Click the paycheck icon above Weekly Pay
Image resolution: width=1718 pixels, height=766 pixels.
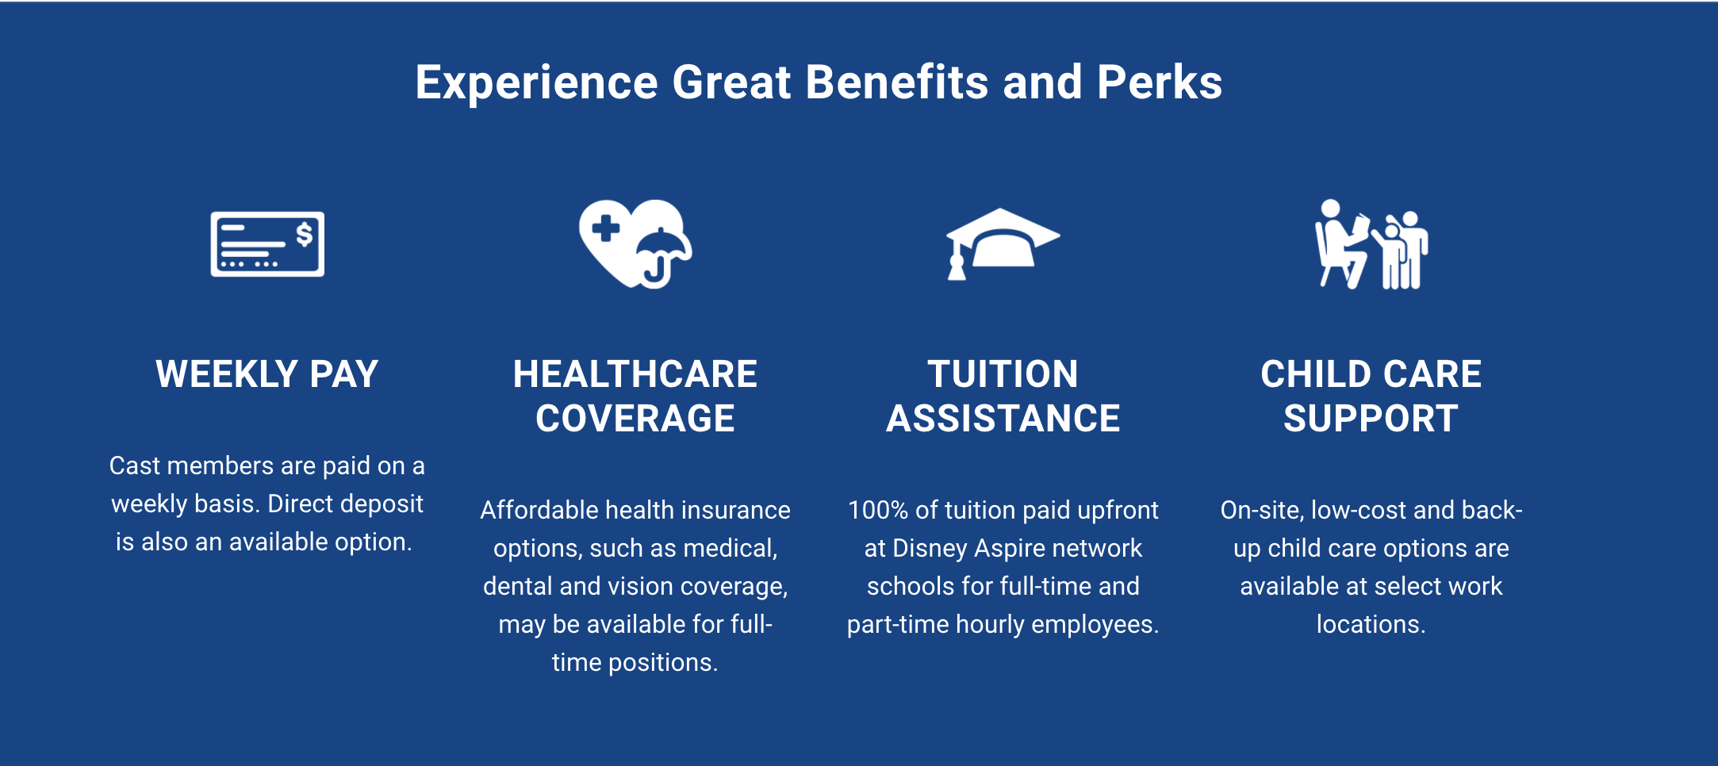tap(267, 244)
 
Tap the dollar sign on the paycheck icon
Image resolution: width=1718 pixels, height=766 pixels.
tap(304, 235)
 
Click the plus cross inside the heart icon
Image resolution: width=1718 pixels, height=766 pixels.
tap(606, 228)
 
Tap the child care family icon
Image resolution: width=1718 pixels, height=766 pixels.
tap(1371, 244)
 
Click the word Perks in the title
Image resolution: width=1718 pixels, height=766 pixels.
tap(1160, 82)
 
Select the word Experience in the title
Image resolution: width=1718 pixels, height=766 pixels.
tap(537, 82)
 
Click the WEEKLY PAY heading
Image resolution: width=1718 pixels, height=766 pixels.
tap(267, 374)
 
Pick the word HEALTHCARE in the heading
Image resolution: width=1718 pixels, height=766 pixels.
tap(635, 374)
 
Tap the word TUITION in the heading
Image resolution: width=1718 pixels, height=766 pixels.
tap(1003, 374)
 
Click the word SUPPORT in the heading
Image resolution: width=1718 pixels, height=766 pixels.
tap(1371, 419)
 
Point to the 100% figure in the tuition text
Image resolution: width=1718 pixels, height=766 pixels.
tap(878, 510)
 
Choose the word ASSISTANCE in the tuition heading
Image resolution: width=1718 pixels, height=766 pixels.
tap(1003, 419)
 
